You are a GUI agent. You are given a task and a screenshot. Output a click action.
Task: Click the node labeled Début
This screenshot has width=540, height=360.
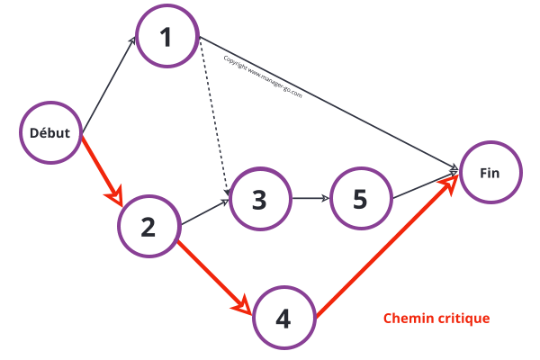(50, 132)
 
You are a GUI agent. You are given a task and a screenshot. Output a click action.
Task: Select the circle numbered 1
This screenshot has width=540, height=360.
(166, 37)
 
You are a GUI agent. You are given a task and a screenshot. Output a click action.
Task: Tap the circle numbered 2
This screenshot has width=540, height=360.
(148, 226)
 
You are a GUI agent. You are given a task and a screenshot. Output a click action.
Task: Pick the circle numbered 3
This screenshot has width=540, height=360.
(260, 199)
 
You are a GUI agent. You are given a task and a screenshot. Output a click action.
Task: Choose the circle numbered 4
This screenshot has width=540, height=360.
(283, 318)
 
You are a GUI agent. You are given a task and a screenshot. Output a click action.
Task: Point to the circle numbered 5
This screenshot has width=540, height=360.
(360, 199)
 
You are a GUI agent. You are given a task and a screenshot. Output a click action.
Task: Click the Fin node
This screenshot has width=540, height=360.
(490, 172)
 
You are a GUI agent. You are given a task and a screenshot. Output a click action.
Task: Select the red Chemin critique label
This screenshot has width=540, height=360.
(436, 319)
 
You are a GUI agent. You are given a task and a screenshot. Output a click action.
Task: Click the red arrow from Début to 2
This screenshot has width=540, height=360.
(101, 168)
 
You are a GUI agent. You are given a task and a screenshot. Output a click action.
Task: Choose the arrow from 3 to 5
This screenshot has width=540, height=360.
(310, 199)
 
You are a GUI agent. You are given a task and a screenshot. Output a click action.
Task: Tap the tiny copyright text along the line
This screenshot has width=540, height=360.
(262, 76)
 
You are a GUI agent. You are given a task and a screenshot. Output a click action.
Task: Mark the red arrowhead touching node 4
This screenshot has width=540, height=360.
(242, 304)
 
